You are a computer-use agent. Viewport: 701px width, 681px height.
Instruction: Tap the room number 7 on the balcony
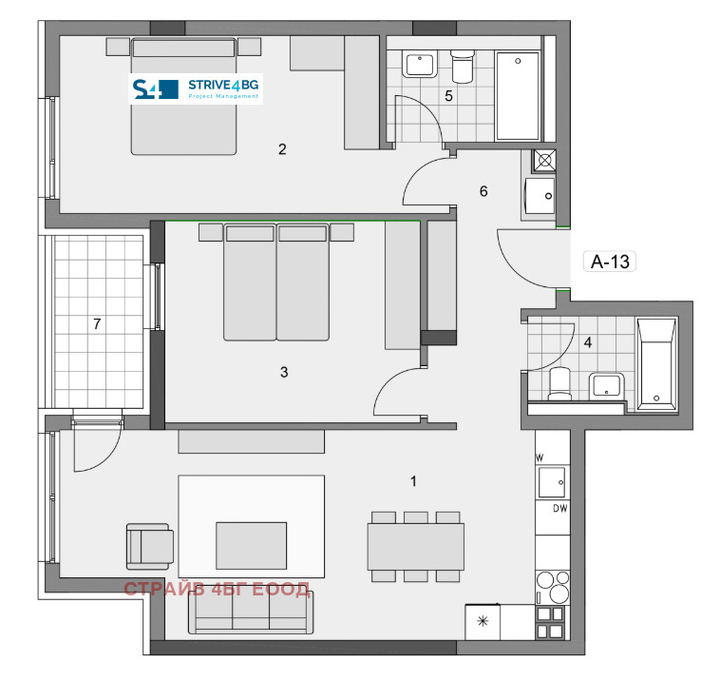(96, 324)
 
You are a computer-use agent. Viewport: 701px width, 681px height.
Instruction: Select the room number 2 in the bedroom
(281, 148)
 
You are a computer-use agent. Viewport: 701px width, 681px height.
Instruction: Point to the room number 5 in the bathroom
(449, 95)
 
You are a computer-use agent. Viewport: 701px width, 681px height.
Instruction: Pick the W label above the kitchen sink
(540, 458)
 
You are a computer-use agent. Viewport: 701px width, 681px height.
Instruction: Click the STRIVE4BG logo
(196, 89)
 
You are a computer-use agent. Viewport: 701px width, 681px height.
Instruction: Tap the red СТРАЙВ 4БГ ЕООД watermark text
(217, 590)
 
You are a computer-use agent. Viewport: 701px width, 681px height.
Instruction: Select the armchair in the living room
(150, 546)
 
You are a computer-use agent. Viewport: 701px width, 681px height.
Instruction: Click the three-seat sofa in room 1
(251, 618)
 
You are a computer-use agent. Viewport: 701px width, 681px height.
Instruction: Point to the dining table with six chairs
(416, 547)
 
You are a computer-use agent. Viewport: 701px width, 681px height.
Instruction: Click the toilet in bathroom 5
(463, 67)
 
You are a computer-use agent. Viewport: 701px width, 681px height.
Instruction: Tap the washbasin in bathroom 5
(419, 66)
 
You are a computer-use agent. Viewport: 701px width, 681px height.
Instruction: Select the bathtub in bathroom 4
(656, 360)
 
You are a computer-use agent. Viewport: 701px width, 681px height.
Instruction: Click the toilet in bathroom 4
(559, 382)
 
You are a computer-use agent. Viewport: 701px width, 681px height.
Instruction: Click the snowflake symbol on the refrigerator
(483, 622)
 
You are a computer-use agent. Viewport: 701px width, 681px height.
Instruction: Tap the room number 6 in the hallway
(483, 191)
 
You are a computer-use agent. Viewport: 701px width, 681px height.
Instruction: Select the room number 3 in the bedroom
(283, 372)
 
